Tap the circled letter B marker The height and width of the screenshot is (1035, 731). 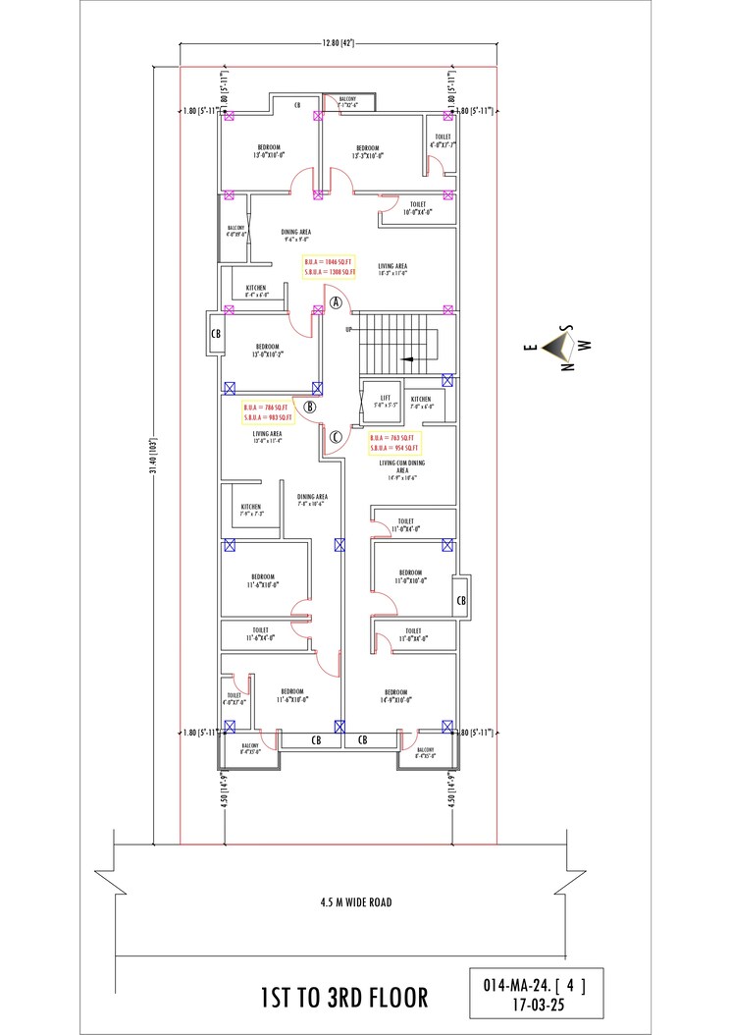tap(309, 406)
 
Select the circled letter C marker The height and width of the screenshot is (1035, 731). tap(335, 436)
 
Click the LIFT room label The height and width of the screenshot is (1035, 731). tap(385, 398)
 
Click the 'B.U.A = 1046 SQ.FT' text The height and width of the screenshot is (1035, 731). tap(328, 260)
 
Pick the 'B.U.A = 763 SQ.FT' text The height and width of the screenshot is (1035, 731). tap(395, 437)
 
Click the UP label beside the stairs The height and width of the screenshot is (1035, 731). tap(347, 329)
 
